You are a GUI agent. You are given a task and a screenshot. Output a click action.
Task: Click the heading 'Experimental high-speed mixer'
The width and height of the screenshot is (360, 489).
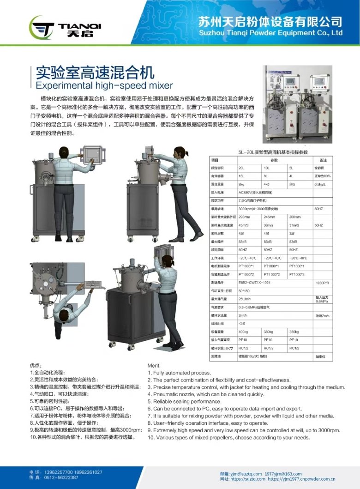pos(104,85)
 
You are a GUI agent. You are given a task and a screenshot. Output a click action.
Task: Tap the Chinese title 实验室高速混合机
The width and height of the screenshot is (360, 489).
pos(95,72)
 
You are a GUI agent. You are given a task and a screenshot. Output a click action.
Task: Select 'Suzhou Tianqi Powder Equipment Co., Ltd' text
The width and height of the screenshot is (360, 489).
pos(270,33)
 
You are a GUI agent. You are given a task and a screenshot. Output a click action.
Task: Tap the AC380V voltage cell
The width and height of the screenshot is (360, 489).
pos(256,192)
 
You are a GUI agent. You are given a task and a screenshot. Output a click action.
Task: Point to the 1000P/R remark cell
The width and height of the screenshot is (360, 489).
pos(322,283)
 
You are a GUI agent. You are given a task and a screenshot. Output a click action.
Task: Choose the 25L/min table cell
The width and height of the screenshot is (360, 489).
pos(244,299)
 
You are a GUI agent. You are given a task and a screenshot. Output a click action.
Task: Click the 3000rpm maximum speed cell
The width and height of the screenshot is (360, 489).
pos(261,209)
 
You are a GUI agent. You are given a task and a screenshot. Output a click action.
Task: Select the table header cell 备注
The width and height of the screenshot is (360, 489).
pos(323,160)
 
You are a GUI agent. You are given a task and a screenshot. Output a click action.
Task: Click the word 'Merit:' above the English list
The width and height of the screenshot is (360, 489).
pos(154,365)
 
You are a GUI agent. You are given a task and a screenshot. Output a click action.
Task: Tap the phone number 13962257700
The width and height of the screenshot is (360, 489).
pos(59,472)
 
